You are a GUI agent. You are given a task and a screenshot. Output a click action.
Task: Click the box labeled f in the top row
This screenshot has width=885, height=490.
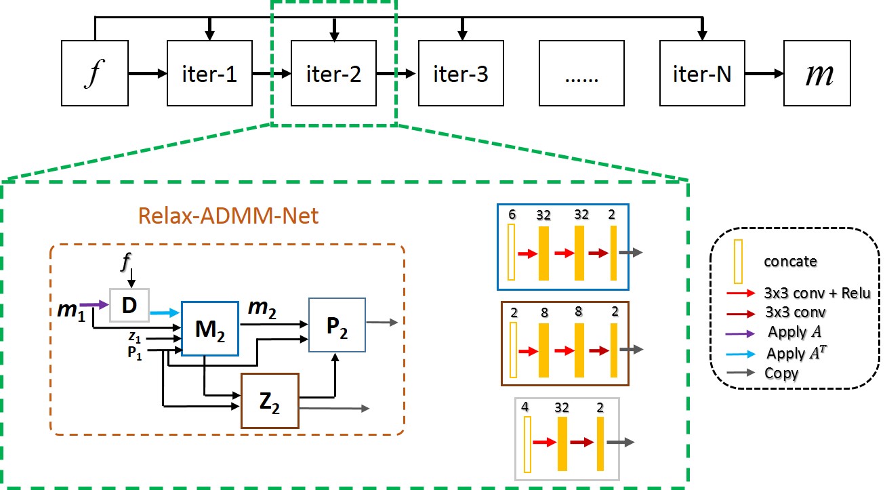click(x=94, y=73)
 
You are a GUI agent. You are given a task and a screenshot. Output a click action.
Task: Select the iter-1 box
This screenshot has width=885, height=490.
click(x=210, y=73)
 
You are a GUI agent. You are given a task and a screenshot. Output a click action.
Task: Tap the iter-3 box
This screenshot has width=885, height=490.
click(x=461, y=73)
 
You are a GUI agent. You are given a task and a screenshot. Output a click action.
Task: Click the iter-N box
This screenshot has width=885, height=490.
click(x=702, y=73)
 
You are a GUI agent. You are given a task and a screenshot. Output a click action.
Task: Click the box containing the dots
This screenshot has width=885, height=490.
click(x=581, y=73)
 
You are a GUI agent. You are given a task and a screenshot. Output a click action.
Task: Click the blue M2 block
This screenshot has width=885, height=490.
click(x=209, y=327)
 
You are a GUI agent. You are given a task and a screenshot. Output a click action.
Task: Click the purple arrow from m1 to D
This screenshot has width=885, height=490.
click(x=94, y=306)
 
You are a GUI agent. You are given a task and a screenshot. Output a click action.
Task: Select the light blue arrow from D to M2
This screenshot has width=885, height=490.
click(x=165, y=312)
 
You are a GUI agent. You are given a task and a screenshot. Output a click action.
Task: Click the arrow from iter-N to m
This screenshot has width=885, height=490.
click(x=764, y=73)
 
